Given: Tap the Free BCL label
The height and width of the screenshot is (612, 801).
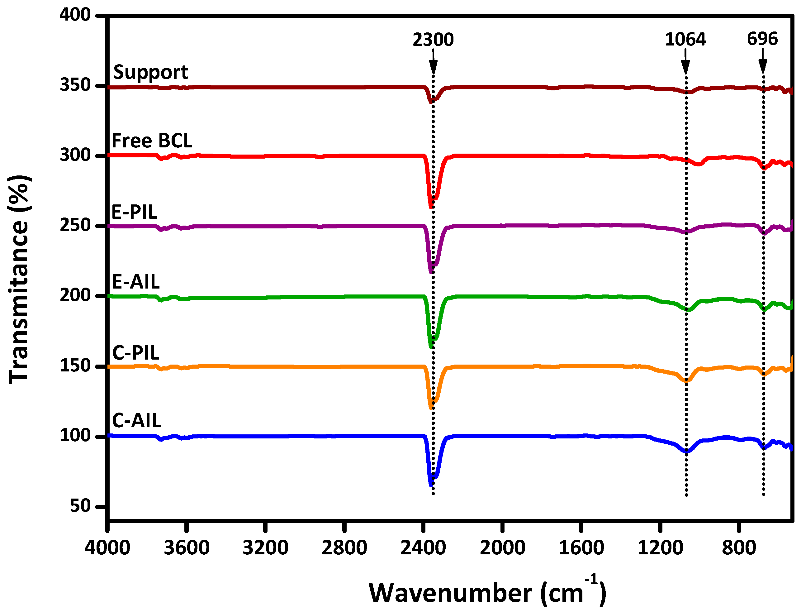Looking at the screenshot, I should [152, 141].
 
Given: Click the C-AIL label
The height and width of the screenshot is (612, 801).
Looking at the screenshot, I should [136, 421].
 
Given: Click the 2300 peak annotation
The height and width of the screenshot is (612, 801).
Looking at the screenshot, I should [433, 40].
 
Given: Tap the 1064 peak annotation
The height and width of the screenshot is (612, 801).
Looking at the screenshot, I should [685, 39].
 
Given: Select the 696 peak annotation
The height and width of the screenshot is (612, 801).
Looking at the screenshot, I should [762, 39].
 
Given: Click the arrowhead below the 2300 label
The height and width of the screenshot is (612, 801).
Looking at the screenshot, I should [433, 67].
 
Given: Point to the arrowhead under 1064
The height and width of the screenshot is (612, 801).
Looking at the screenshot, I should [685, 67].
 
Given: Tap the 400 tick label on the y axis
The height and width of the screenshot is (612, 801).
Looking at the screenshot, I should [75, 15].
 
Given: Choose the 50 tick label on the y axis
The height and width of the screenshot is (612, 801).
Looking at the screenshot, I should [80, 506].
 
